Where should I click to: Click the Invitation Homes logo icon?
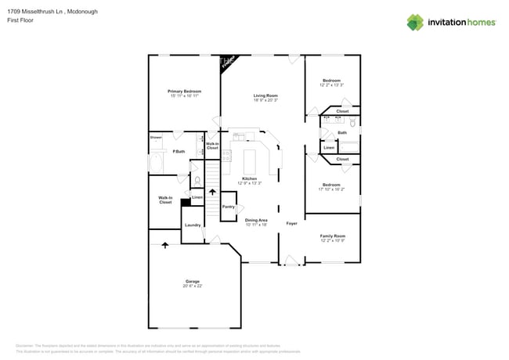[414, 22]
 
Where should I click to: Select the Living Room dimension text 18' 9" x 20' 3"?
[265, 100]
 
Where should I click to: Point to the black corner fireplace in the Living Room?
[226, 63]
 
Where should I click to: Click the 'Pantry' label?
[229, 207]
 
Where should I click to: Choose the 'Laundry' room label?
[193, 225]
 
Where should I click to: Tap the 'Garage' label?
[193, 281]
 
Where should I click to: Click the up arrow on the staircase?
[212, 192]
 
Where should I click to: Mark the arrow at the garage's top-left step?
[165, 246]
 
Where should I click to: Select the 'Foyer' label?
[291, 223]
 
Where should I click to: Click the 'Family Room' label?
[332, 235]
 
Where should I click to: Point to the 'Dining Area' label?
[256, 220]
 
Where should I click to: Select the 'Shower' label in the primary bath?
[156, 138]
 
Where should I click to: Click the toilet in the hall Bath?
[353, 123]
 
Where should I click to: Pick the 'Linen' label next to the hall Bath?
[329, 147]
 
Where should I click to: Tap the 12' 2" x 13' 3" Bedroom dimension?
[332, 85]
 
